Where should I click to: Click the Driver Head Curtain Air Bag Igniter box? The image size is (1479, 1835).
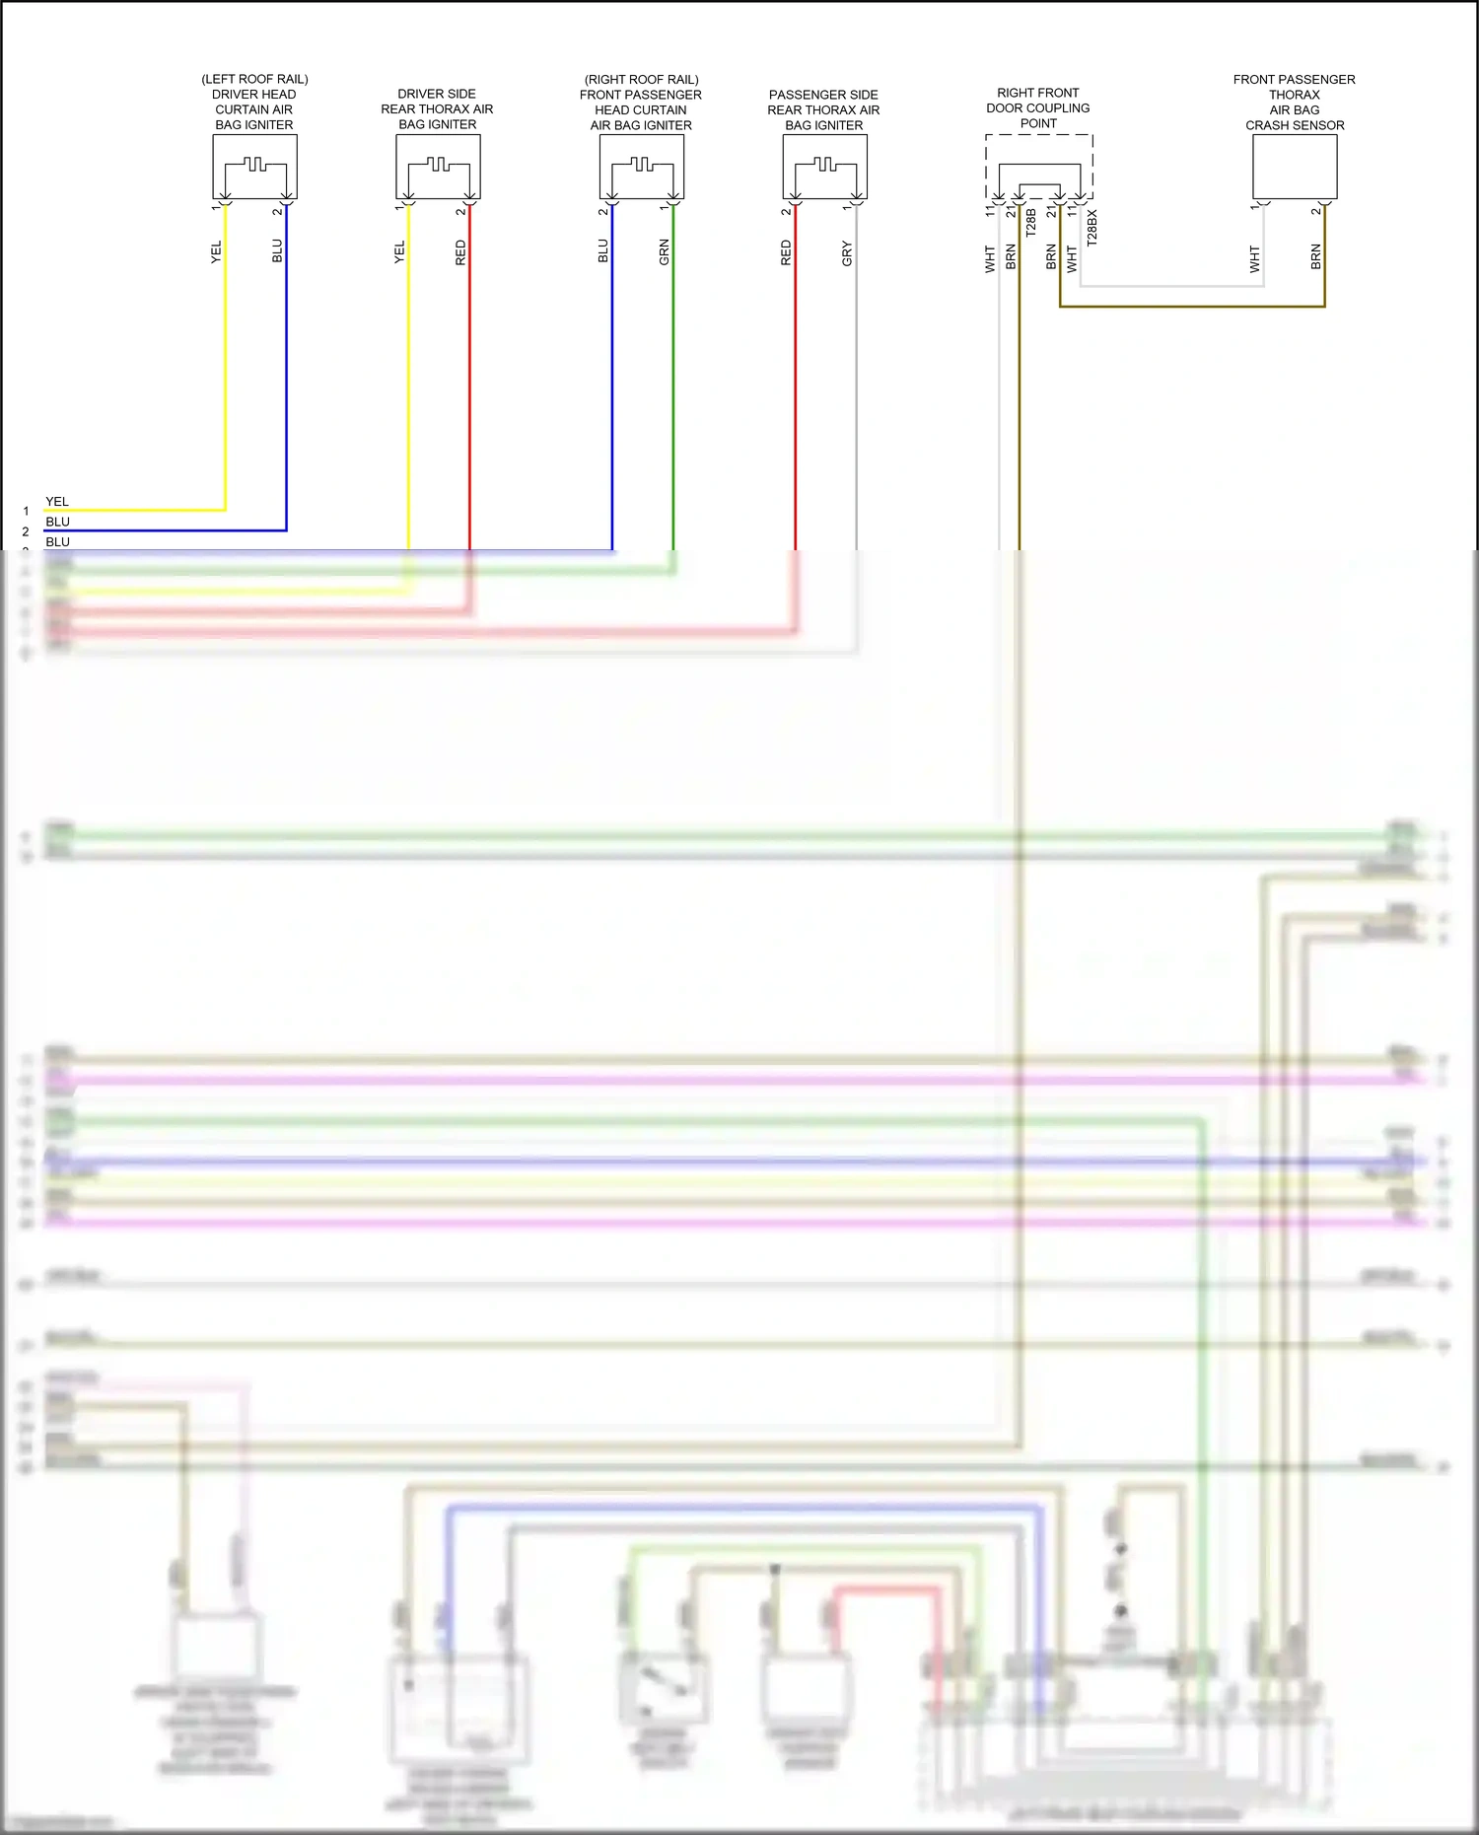coord(254,167)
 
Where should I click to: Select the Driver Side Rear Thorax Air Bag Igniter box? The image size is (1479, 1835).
coord(438,167)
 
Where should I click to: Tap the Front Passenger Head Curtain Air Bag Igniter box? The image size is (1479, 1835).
coord(641,167)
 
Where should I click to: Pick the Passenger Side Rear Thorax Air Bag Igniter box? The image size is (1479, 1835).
coord(824,167)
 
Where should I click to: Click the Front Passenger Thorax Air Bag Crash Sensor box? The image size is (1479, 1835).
coord(1295,167)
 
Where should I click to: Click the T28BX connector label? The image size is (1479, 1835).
coord(1092,227)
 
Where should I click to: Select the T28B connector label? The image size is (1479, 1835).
coord(1030,222)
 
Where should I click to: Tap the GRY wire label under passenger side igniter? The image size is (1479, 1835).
coord(847,253)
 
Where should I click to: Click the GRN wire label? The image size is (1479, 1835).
coord(664,252)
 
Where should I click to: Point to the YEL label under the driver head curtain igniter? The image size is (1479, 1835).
coord(216,251)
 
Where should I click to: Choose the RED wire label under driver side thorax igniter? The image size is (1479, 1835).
coord(460,252)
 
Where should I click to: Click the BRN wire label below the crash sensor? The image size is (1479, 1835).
coord(1315,257)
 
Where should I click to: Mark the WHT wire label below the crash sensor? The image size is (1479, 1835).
coord(1254,258)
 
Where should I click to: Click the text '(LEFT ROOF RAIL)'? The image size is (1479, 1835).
coord(254,79)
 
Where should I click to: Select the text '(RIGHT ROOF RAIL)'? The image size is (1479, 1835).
coord(641,79)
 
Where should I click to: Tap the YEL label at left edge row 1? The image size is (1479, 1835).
coord(57,502)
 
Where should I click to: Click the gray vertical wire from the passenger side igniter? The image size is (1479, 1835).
coord(856,394)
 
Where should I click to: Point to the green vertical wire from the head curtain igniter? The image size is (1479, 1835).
coord(673,394)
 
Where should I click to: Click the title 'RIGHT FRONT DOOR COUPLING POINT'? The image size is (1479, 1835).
coord(1038,107)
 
